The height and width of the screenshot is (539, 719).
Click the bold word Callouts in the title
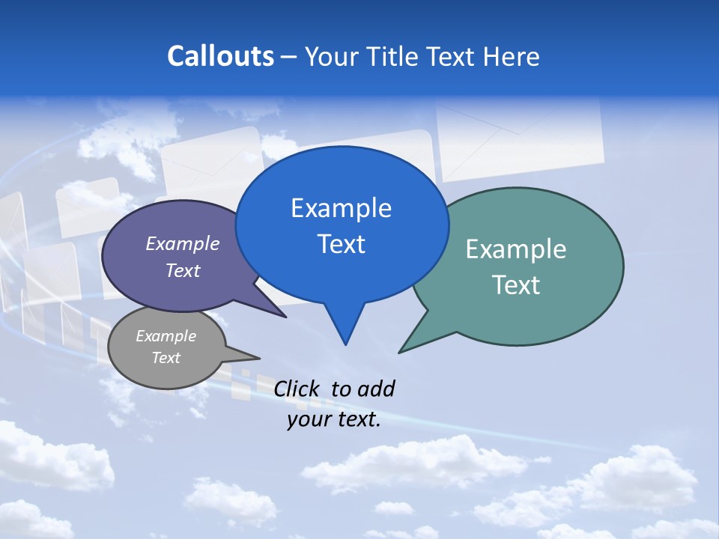point(220,56)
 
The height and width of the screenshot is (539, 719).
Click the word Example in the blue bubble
point(341,208)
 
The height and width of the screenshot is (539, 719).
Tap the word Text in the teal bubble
point(517,285)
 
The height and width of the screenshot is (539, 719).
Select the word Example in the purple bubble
point(183,243)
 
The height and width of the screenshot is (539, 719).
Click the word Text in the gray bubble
point(166,358)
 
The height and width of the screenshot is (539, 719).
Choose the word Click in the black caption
point(296,389)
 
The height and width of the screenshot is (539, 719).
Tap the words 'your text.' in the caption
point(334,419)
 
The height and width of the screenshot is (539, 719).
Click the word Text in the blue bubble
point(342,244)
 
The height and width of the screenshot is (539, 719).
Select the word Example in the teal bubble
point(516,249)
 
